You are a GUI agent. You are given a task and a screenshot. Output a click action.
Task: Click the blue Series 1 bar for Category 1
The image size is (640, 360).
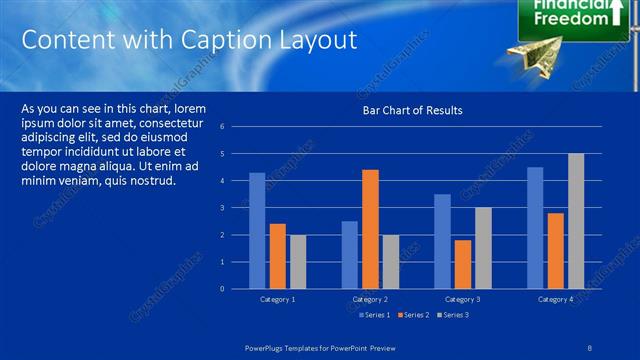(x=257, y=231)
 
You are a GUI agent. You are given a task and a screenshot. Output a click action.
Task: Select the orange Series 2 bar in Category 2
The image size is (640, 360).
(x=370, y=229)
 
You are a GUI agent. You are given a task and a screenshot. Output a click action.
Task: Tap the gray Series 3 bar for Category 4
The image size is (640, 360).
(x=576, y=221)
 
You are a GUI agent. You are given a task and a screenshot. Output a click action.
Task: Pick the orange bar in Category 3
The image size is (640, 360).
(x=462, y=264)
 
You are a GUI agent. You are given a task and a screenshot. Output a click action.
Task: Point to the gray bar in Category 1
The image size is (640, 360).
(x=298, y=262)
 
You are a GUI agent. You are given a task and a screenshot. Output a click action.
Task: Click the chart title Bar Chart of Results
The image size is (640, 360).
(x=412, y=110)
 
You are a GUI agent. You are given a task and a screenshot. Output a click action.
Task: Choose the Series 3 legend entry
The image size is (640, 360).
(x=453, y=315)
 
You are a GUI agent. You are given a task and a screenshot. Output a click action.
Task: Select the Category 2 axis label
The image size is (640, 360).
(x=371, y=300)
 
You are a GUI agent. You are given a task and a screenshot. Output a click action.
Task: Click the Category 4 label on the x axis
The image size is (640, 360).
(x=555, y=300)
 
